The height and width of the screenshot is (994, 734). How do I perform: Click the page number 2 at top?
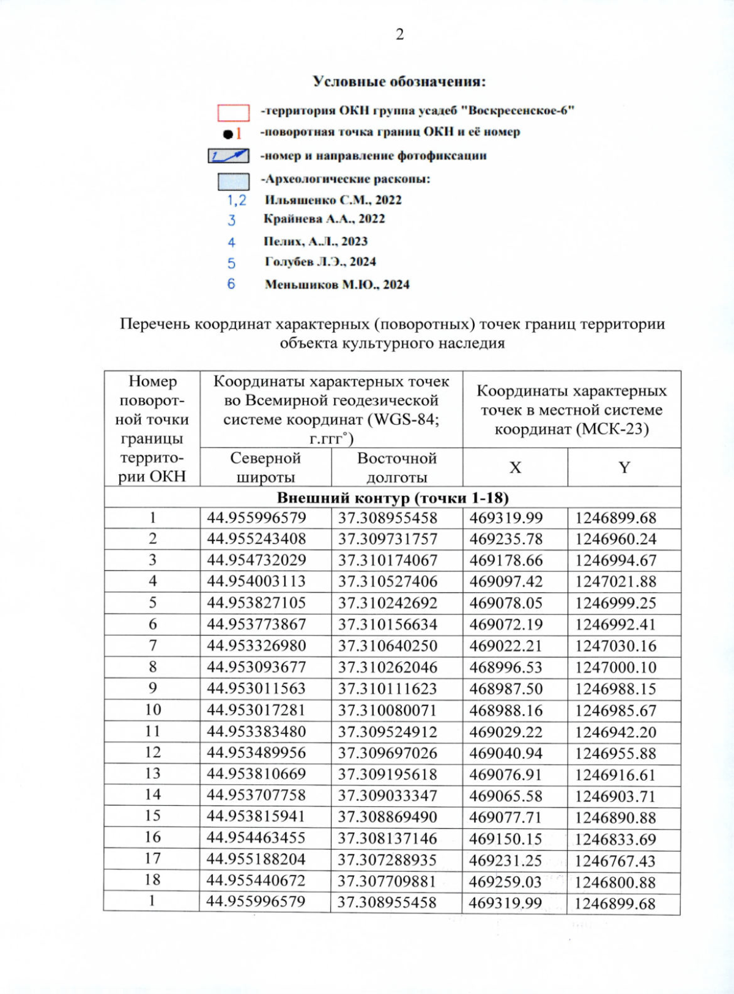[x=399, y=35]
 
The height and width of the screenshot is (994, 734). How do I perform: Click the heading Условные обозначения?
[x=399, y=81]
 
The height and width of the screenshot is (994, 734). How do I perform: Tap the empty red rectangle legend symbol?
[x=234, y=112]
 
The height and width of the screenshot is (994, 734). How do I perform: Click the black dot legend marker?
[x=228, y=134]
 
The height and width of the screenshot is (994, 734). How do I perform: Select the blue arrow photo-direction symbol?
[x=228, y=156]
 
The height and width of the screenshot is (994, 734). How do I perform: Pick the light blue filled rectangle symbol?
[x=234, y=182]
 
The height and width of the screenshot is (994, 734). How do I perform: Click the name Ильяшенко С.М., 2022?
[x=333, y=200]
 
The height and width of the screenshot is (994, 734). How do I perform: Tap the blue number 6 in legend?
[x=231, y=284]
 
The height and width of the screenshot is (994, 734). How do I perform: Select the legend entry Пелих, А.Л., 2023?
[x=315, y=241]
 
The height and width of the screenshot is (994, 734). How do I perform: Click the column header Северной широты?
[x=265, y=468]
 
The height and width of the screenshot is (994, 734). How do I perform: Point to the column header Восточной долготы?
[x=396, y=468]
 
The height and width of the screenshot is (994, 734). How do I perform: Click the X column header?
[x=515, y=468]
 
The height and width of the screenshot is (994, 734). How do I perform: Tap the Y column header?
[x=624, y=468]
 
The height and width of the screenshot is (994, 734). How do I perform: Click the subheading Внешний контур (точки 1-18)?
[x=392, y=498]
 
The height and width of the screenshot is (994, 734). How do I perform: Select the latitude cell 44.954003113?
[x=256, y=581]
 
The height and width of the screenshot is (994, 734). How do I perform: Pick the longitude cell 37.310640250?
[x=388, y=646]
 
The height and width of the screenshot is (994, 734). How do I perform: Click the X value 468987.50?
[x=506, y=689]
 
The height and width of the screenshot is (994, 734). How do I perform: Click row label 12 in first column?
[x=152, y=753]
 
